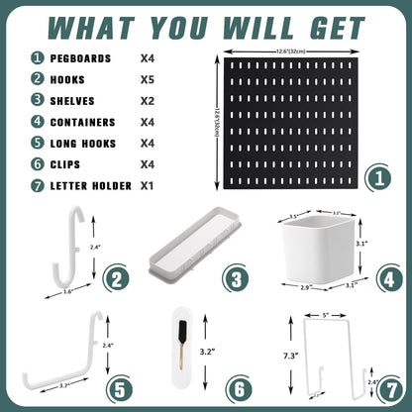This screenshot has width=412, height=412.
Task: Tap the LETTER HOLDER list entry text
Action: coord(92,186)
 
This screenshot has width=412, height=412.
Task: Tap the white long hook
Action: coord(62,352)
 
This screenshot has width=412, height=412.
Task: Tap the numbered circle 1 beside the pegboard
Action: coord(374,179)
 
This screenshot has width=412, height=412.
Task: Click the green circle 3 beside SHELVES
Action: coord(37,100)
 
